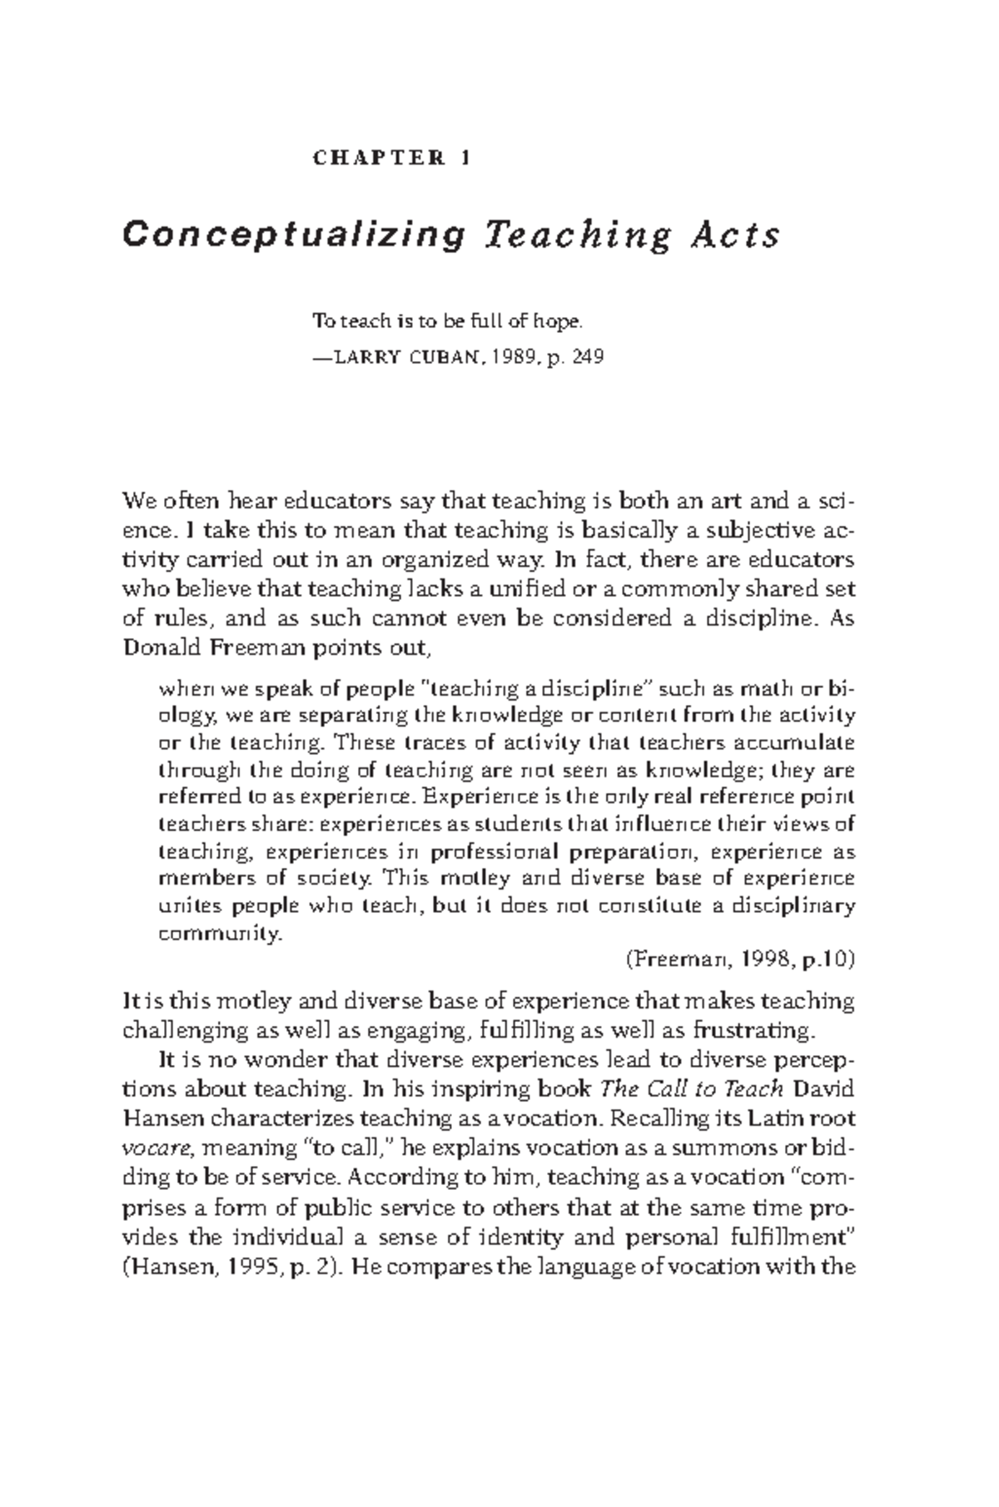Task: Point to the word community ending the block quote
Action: pos(220,934)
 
